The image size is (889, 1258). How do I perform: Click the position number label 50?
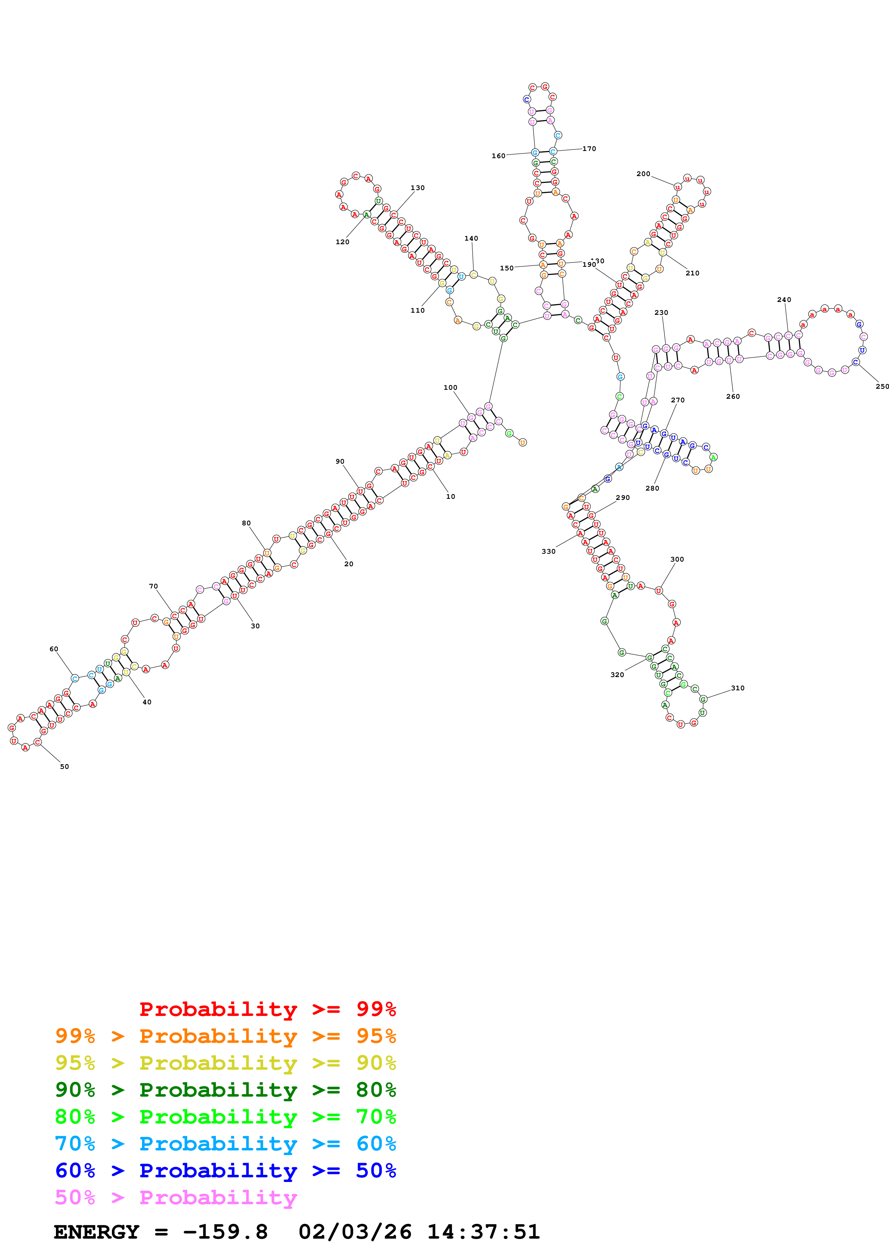tap(64, 766)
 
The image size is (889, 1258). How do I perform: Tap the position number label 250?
tap(882, 386)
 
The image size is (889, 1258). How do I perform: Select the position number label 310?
tap(737, 688)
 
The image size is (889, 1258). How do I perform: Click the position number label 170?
tap(589, 148)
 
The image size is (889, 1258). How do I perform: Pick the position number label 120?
tap(342, 242)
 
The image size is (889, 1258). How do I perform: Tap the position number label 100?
tap(450, 387)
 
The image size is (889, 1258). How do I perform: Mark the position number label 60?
tap(54, 649)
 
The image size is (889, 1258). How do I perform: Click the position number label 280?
tap(652, 488)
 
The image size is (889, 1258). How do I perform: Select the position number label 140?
tap(471, 238)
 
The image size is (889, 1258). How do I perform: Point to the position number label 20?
tap(349, 564)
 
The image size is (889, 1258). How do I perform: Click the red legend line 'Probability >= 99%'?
tap(267, 1009)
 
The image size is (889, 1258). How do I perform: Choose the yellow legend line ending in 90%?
tap(225, 1063)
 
